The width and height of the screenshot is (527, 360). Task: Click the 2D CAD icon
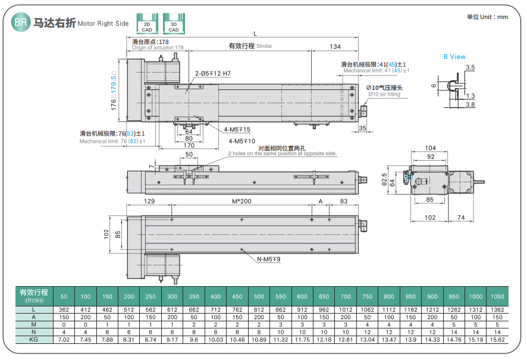click(x=147, y=23)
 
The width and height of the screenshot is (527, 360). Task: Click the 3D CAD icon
click(x=173, y=23)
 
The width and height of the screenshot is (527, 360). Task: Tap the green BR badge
click(x=21, y=23)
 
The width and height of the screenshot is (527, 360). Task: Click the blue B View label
click(x=454, y=57)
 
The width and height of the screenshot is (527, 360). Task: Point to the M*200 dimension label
click(x=241, y=202)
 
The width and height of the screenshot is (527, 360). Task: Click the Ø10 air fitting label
click(x=385, y=90)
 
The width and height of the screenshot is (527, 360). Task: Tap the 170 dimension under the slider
click(x=189, y=145)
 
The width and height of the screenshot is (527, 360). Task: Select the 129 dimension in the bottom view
click(x=149, y=202)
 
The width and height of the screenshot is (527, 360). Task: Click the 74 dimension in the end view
click(x=461, y=218)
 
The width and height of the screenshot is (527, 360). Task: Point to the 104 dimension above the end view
click(x=431, y=148)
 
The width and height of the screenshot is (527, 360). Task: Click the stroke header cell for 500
click(x=259, y=296)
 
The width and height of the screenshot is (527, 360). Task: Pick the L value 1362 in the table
click(x=497, y=310)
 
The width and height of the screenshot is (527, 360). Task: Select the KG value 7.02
click(x=64, y=339)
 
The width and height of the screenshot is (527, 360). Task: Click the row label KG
click(x=34, y=339)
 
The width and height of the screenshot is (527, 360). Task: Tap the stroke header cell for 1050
click(x=497, y=296)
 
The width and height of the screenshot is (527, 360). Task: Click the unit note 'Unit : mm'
click(x=487, y=17)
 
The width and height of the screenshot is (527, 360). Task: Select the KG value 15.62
click(x=497, y=339)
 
